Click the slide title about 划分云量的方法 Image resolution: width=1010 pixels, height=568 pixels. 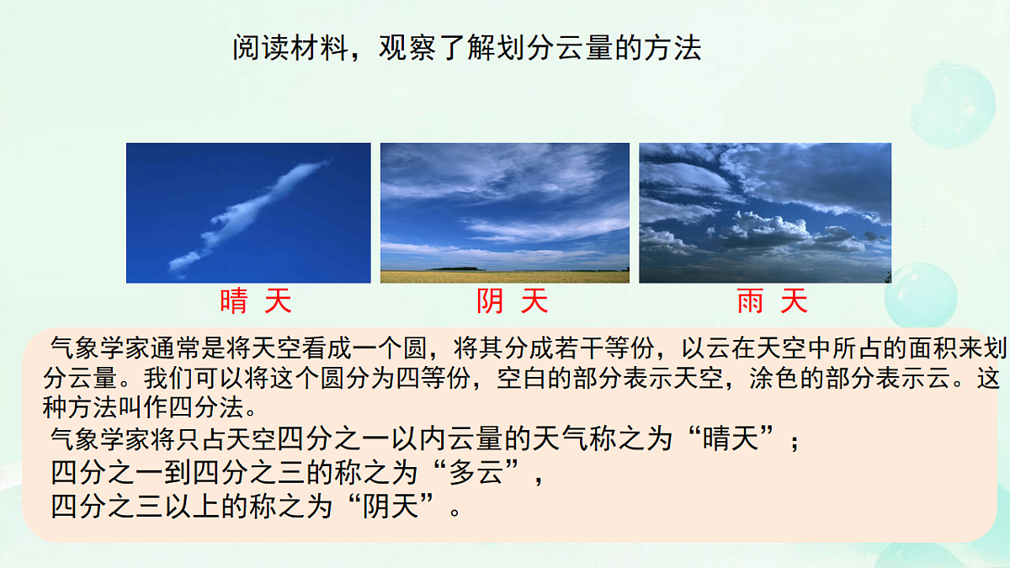click(x=466, y=48)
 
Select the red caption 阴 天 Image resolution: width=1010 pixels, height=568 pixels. click(x=512, y=300)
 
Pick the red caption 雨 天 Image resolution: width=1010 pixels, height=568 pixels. click(x=772, y=300)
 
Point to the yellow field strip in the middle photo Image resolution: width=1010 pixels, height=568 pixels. click(x=505, y=277)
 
